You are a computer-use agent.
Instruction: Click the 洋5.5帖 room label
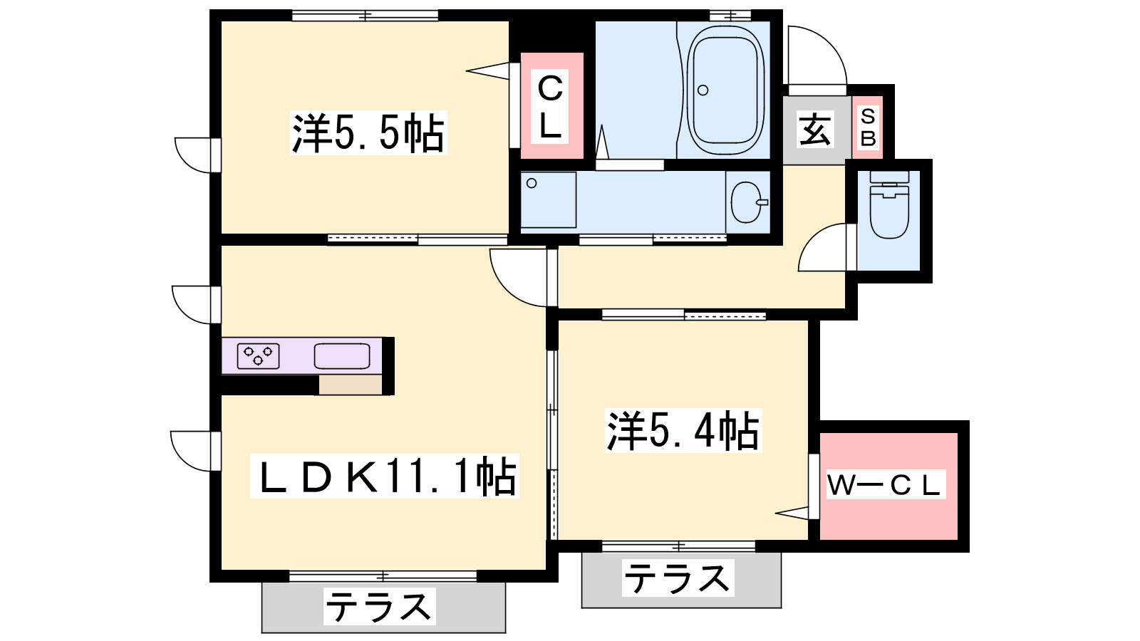point(368,133)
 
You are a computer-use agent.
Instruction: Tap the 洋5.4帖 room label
point(683,431)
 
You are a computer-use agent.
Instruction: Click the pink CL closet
point(551,106)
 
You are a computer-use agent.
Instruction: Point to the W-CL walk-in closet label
point(883,485)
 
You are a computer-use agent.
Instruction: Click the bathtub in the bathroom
point(724,90)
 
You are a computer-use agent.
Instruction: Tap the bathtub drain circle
point(703,90)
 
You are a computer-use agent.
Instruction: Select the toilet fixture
point(889,207)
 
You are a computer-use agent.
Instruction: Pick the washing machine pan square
point(548,200)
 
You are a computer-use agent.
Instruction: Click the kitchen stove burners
point(258,355)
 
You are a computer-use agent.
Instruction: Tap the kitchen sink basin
point(342,355)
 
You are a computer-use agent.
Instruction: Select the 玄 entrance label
point(815,130)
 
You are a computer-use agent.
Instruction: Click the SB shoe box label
point(867,127)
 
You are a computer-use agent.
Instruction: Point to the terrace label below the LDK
point(378,608)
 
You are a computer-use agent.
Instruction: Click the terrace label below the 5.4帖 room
point(678,578)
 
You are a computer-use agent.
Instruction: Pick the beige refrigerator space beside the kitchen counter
point(351,385)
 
